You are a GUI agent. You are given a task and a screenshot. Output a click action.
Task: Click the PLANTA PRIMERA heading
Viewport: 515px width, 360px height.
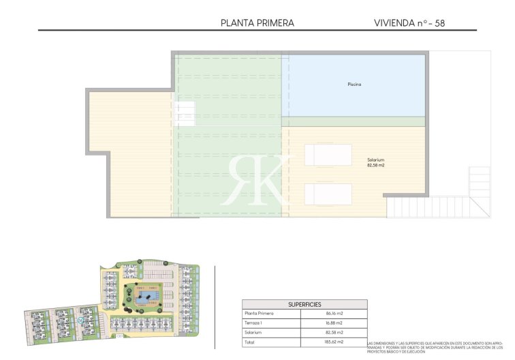tap(257, 22)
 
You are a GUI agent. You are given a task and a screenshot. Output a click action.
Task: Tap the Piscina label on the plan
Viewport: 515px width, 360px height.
tap(354, 85)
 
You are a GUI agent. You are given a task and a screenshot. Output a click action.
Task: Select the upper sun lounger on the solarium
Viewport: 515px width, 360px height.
tap(328, 155)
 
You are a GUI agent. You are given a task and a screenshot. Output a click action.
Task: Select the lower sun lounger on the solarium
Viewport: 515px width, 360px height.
tap(328, 194)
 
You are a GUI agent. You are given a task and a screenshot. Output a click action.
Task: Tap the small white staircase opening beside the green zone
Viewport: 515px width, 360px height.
tap(185, 112)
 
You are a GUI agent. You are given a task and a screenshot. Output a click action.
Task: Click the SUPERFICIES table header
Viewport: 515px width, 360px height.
tap(305, 304)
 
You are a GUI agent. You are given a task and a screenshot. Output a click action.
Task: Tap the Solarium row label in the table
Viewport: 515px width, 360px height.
tap(253, 332)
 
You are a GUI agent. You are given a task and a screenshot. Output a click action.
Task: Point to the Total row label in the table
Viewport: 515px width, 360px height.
tap(250, 342)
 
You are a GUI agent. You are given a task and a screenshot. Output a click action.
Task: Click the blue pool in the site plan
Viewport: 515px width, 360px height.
tap(143, 297)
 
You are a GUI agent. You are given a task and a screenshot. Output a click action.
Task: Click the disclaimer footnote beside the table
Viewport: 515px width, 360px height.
tap(436, 347)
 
